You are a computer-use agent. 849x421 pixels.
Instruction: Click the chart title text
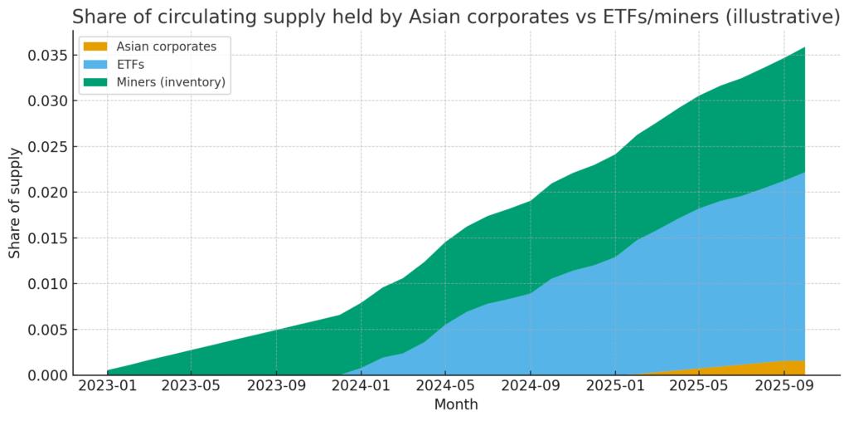pos(455,17)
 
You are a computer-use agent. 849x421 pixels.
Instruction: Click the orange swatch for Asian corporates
pos(96,47)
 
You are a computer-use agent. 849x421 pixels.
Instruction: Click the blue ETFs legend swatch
pos(96,64)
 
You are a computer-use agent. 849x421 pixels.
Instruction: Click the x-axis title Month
pos(455,405)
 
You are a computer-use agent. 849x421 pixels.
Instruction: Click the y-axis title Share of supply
pos(16,203)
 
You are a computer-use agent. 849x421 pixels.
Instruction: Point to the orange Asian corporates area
pos(779,368)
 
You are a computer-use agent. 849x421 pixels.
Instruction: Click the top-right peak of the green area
pos(803,50)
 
